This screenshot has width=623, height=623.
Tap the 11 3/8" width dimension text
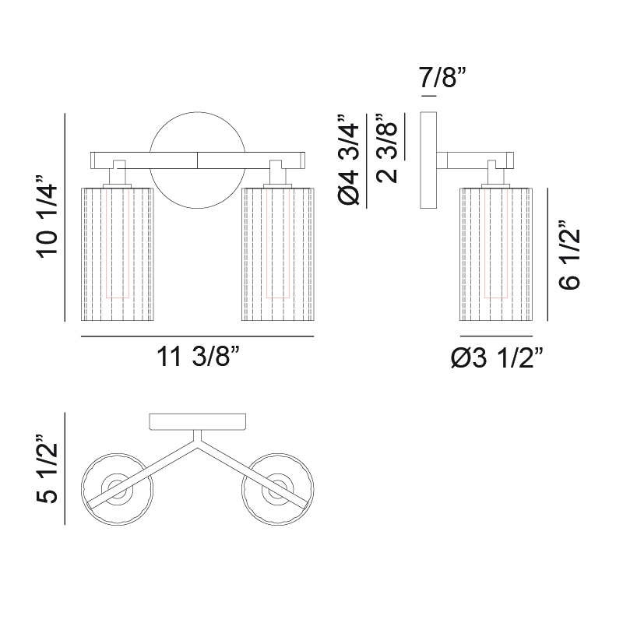click(x=199, y=356)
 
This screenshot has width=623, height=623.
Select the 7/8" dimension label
click(x=442, y=77)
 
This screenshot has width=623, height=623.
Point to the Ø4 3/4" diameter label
click(x=348, y=160)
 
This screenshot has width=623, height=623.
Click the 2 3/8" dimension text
click(x=386, y=148)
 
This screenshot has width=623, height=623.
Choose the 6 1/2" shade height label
click(x=569, y=255)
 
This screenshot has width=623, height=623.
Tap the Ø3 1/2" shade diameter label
click(x=497, y=357)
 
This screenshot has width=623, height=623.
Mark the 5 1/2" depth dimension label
click(x=48, y=470)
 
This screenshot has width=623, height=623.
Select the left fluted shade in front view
click(x=118, y=255)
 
